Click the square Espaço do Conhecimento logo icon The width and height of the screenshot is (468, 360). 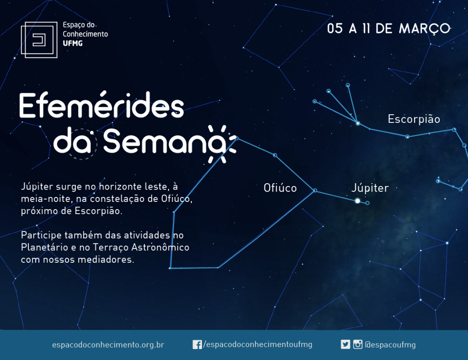[39, 40]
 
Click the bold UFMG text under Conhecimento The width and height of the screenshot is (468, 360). [73, 43]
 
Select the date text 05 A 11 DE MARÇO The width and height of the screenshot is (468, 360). [388, 29]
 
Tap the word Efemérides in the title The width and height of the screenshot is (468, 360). [101, 105]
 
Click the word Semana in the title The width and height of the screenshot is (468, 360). [165, 141]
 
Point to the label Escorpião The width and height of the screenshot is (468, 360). [414, 119]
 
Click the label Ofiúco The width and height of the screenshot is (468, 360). [280, 188]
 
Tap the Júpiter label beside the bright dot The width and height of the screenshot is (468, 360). [370, 188]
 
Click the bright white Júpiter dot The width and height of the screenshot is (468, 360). [357, 201]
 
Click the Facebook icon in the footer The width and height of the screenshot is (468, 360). [197, 344]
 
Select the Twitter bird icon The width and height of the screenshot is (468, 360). [346, 344]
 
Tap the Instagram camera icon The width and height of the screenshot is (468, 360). [357, 344]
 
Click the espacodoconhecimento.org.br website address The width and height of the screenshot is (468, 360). [108, 345]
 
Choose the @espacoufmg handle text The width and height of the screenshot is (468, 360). [390, 345]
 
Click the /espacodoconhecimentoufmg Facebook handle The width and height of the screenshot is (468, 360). [258, 344]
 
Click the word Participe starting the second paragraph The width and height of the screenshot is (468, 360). [41, 235]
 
